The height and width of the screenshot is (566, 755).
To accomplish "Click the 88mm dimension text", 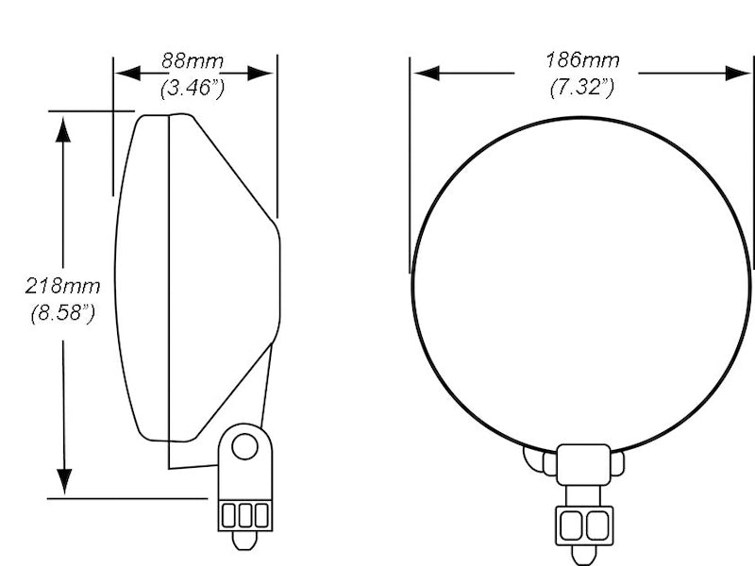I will (193, 61).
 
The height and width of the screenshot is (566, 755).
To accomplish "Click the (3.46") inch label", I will (193, 90).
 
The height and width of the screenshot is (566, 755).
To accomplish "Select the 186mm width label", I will (582, 61).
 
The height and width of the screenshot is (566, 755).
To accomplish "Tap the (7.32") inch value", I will (582, 89).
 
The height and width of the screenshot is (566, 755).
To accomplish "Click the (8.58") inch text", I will (62, 313).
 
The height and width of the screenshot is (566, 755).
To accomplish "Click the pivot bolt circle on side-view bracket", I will (245, 446).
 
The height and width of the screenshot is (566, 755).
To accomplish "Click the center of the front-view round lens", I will (582, 283).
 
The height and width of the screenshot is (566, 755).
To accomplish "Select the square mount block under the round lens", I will (582, 464).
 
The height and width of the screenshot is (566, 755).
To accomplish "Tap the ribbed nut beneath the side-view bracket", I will (244, 515).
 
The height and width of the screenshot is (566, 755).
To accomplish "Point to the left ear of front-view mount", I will (534, 458).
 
